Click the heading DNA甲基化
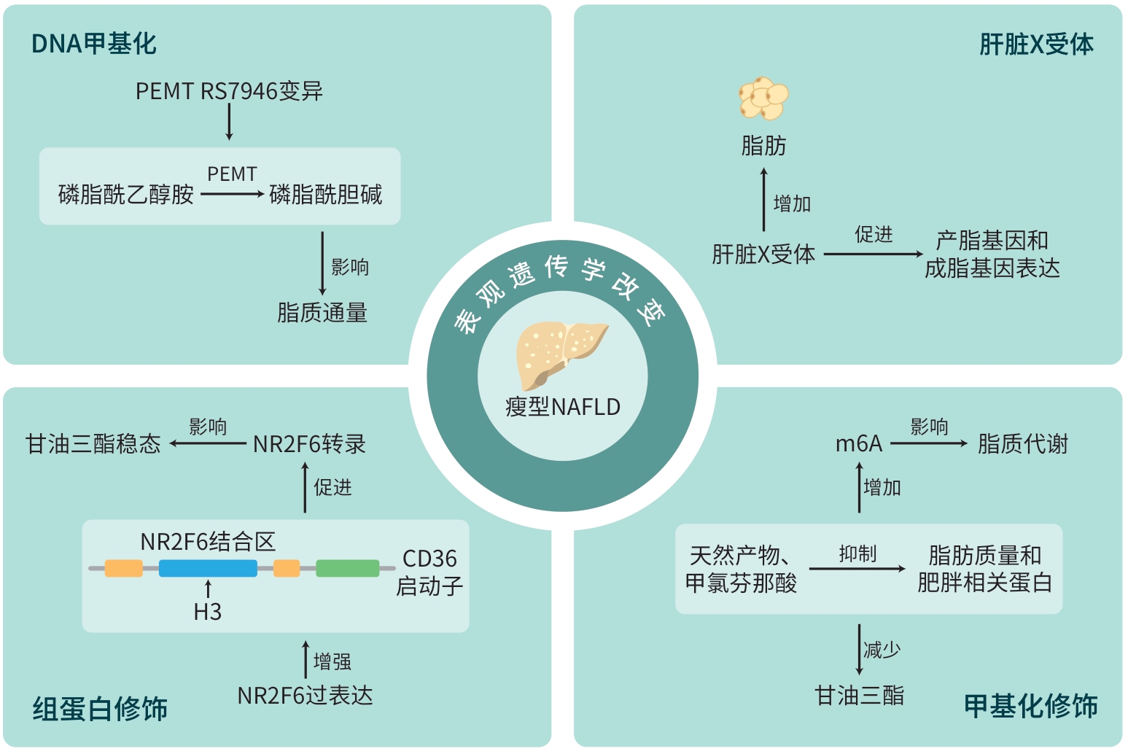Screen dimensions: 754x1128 [x=94, y=44]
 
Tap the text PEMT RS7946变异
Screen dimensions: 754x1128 [x=229, y=91]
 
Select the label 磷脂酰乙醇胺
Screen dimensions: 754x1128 [x=125, y=195]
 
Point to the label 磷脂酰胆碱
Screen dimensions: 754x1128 [x=326, y=195]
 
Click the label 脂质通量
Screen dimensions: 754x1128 [x=322, y=313]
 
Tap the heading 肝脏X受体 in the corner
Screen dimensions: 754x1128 [x=1036, y=44]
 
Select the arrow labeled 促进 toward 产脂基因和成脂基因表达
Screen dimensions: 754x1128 [x=873, y=254]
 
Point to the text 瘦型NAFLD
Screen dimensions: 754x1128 [x=563, y=407]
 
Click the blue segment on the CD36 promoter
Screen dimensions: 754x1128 [x=208, y=568]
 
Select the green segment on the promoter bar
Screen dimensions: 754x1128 [x=347, y=568]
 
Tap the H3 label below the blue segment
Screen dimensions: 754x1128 [x=208, y=612]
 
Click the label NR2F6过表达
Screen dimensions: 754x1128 [x=305, y=696]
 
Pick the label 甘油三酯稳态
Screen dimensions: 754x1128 [x=93, y=443]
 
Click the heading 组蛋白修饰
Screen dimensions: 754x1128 [x=100, y=709]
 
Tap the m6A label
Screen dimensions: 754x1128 [x=858, y=443]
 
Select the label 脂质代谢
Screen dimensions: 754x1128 [x=1023, y=443]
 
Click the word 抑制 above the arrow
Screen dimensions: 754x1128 [x=857, y=554]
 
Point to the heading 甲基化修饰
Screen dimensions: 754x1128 [x=1031, y=706]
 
